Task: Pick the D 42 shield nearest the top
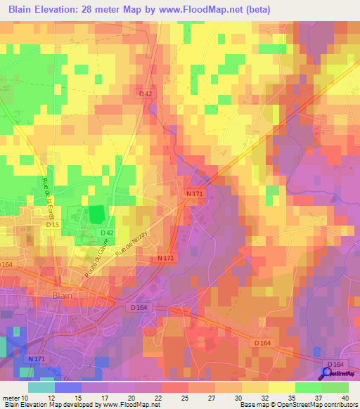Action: (146, 93)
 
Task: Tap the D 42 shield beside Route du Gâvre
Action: (107, 233)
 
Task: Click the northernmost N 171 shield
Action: (195, 193)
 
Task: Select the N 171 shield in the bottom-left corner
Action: (38, 359)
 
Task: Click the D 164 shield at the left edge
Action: (6, 264)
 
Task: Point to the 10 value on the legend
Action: (27, 398)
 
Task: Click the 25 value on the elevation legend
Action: (165, 398)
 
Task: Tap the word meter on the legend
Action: (10, 398)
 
